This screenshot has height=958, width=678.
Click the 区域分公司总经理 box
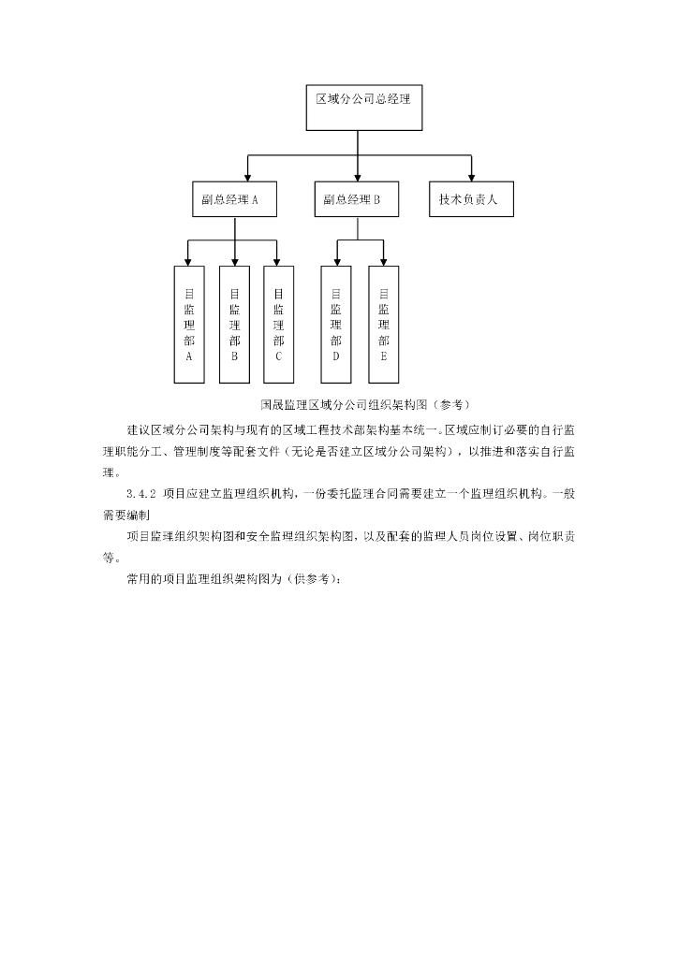363,108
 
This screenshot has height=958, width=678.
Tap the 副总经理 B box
356,199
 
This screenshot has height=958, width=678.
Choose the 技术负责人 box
470,199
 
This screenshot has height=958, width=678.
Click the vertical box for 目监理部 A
189,324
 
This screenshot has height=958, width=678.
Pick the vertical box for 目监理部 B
234,324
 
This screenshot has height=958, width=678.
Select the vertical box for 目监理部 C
278,324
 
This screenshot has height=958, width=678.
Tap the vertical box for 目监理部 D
336,324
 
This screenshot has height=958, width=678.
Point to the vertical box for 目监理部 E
383,324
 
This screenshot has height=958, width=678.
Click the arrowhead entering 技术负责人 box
471,177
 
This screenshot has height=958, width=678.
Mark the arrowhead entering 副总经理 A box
247,177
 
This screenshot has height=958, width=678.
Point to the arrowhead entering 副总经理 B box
358,177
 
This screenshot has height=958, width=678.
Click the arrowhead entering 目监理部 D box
336,261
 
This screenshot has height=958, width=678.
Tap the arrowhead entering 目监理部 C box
278,261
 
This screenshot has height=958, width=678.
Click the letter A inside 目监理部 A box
189,356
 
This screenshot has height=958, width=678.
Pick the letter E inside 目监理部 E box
383,356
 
